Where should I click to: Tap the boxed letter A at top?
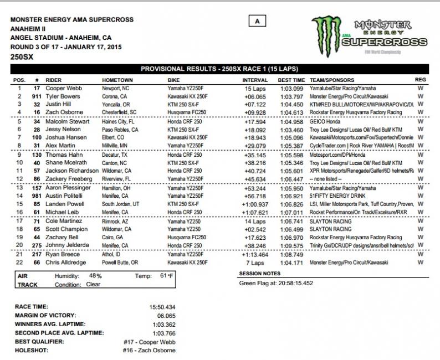pos(257,21)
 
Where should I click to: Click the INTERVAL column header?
pos(255,80)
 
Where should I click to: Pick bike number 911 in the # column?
pos(37,96)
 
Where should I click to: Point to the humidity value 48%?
pos(95,275)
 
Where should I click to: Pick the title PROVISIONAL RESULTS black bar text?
pos(219,69)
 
